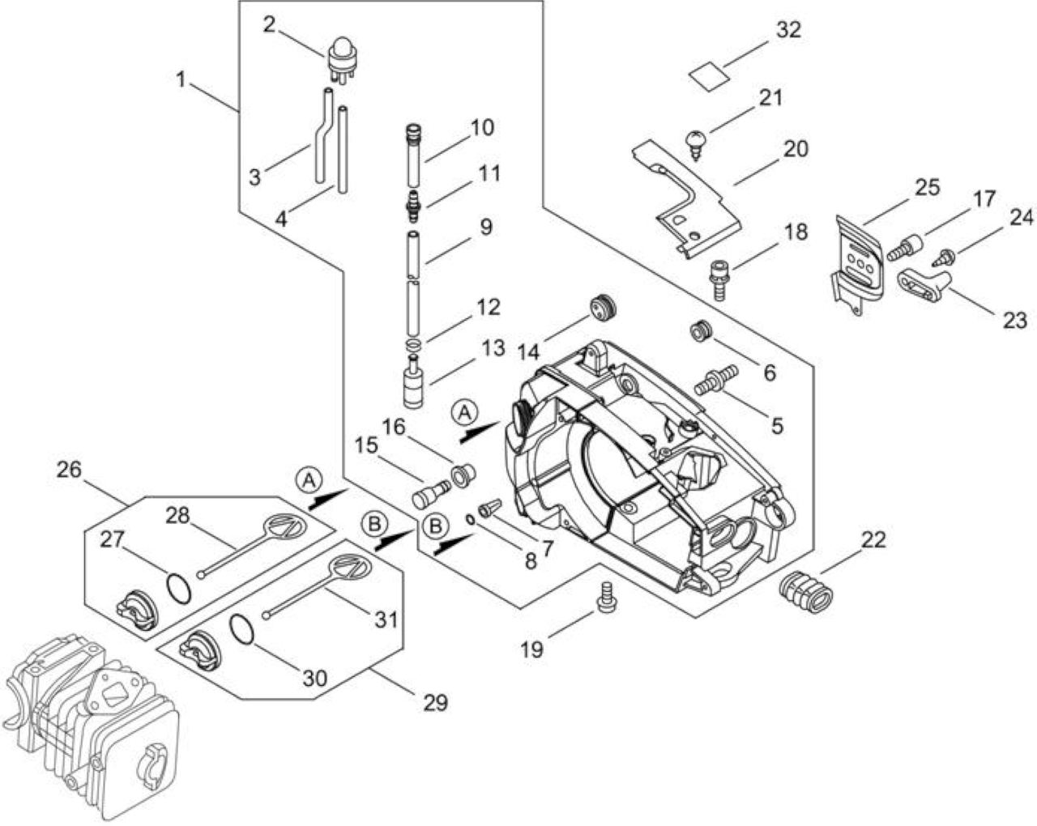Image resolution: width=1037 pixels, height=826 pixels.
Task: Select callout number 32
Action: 788,30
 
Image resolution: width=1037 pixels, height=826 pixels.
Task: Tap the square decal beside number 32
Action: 708,76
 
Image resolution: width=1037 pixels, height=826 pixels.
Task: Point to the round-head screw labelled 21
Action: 696,144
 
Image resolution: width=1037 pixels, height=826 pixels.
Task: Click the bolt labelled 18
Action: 719,280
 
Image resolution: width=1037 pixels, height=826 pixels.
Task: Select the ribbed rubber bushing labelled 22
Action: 805,594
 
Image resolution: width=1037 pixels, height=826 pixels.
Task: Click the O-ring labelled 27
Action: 179,588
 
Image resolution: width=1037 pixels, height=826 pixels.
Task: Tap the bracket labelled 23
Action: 922,284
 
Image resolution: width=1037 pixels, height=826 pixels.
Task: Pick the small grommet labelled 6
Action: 701,332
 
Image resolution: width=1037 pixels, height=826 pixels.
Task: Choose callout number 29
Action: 435,702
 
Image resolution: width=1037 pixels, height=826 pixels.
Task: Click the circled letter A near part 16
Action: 464,413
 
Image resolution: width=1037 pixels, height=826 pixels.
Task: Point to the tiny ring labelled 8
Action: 471,519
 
